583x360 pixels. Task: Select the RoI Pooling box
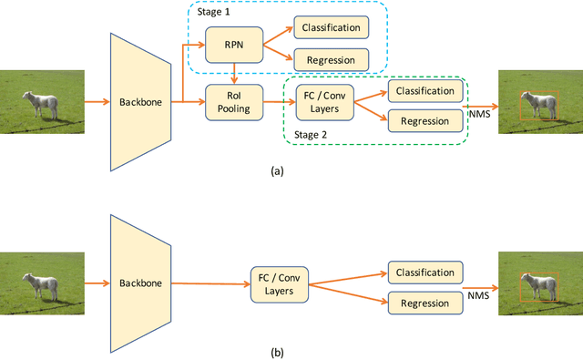click(x=234, y=101)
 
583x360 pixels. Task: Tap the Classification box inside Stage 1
click(x=331, y=27)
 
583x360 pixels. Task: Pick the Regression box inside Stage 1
click(x=331, y=60)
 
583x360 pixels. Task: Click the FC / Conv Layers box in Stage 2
click(x=322, y=103)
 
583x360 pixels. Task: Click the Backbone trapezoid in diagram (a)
click(x=142, y=102)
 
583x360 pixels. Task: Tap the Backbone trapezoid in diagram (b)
click(x=142, y=283)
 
